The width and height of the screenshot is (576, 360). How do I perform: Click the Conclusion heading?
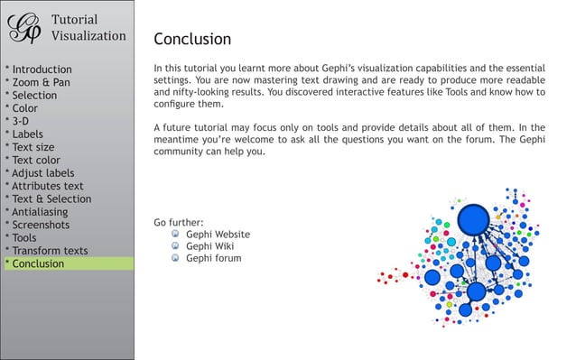(192, 39)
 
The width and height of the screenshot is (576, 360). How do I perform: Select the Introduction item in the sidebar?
(40, 69)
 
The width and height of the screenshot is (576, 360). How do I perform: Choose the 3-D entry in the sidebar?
(21, 121)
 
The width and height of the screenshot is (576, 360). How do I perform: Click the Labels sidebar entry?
(26, 134)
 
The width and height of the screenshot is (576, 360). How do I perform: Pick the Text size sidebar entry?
(32, 147)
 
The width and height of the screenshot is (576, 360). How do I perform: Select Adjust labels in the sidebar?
(41, 173)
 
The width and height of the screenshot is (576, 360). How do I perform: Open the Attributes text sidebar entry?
(46, 186)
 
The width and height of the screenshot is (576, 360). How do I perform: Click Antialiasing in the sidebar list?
(38, 212)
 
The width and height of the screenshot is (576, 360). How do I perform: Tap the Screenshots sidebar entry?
(38, 225)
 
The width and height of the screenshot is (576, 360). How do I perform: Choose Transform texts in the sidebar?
(49, 251)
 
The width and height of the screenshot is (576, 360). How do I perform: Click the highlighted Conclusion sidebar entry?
(37, 264)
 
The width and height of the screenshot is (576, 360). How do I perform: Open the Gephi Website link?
(218, 234)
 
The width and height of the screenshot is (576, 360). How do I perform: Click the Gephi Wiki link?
(209, 245)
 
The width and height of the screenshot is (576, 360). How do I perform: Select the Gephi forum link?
(213, 258)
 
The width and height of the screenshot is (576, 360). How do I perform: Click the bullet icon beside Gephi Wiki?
(175, 245)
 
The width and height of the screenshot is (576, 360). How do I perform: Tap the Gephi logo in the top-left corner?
(24, 26)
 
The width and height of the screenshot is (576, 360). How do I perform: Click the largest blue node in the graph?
(473, 219)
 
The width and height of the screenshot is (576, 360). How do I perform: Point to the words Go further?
(179, 222)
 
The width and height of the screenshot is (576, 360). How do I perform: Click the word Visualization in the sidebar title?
(88, 36)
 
